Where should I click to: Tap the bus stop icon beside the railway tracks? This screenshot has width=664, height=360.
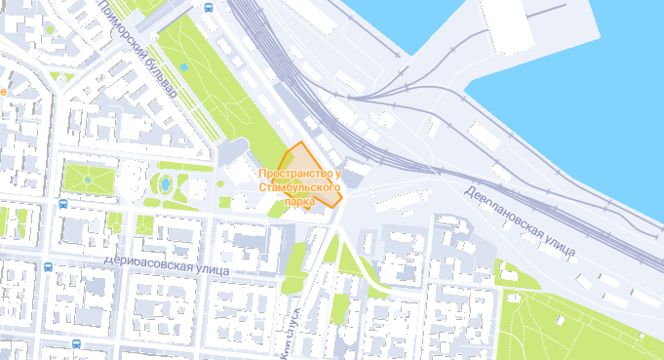(210, 7)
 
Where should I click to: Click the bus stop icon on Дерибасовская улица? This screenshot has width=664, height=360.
(48, 265)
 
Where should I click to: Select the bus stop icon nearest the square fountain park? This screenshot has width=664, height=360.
(63, 205)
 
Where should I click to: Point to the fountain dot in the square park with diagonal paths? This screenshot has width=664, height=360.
(87, 180)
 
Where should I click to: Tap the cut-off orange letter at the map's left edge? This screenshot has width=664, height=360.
(3, 91)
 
